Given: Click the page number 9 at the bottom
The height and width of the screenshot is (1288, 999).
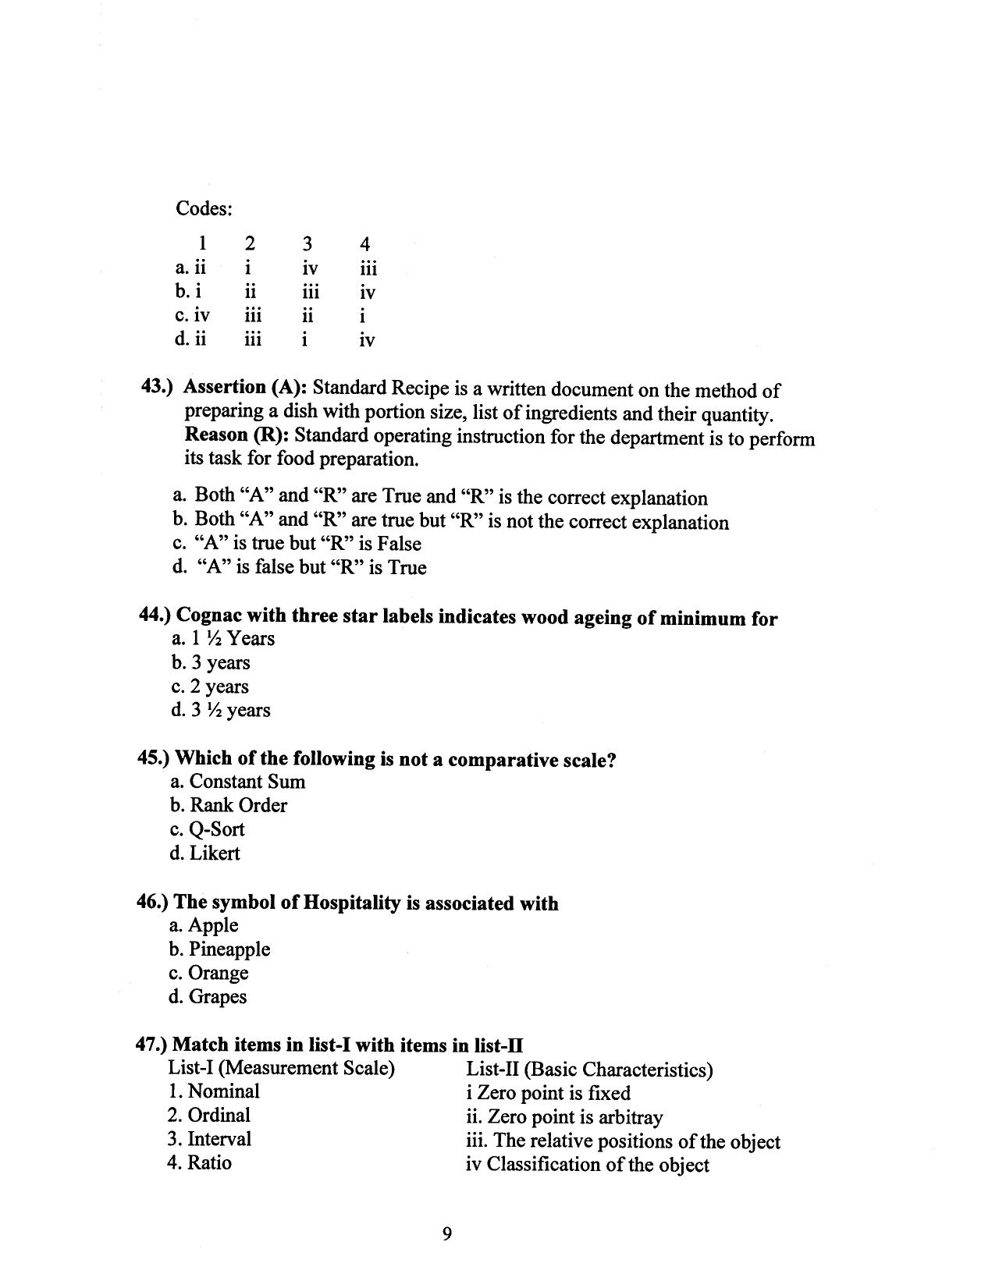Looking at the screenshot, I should (447, 1233).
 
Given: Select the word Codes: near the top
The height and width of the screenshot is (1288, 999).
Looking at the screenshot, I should (204, 209).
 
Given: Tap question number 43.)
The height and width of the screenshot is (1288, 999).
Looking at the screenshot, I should (158, 387).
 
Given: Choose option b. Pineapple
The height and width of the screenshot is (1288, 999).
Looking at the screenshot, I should (220, 949).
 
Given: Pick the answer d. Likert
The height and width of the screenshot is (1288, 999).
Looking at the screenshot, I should (204, 853).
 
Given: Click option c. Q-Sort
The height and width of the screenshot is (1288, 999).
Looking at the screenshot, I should (207, 829).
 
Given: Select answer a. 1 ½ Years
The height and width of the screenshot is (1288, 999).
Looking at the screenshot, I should (223, 639).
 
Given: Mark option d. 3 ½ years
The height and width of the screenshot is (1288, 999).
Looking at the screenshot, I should (221, 711).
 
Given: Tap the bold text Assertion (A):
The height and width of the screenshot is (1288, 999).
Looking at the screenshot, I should (246, 387).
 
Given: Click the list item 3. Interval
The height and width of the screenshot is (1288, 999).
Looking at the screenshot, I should (209, 1139).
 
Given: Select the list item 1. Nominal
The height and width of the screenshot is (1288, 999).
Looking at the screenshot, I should (213, 1091).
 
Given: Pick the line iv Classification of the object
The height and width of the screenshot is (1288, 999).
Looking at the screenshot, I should (587, 1165).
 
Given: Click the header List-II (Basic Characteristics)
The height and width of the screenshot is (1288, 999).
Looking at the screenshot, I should (589, 1070).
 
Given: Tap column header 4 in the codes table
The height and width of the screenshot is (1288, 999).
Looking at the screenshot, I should (364, 243).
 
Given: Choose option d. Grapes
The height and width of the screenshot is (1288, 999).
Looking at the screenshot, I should (208, 997).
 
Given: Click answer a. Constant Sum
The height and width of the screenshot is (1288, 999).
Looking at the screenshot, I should (237, 782).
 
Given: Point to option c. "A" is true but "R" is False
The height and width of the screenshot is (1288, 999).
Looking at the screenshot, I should (297, 544).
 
